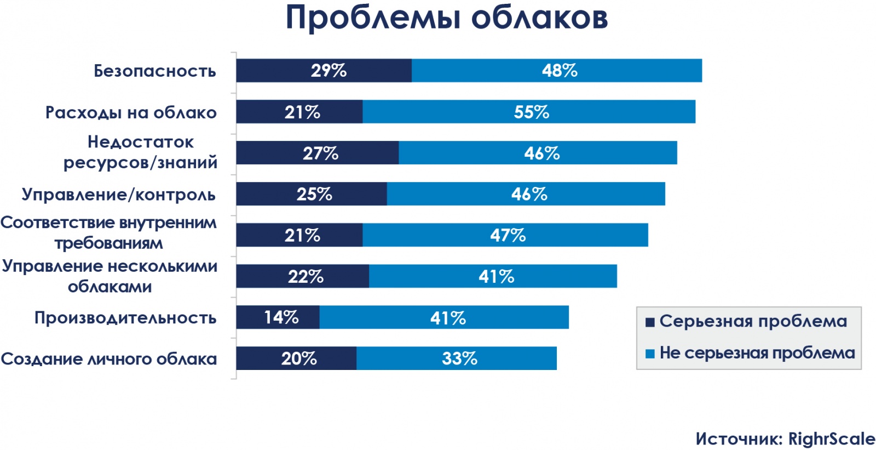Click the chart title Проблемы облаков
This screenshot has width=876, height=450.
click(446, 18)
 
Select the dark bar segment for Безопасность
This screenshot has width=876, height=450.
click(324, 71)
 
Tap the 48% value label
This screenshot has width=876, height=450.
click(560, 71)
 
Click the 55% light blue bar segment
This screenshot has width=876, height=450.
click(529, 112)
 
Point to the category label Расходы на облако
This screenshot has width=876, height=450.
click(131, 112)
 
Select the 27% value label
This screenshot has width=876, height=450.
click(320, 153)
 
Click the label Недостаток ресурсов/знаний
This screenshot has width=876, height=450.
click(140, 152)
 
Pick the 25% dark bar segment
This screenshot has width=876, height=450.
click(311, 194)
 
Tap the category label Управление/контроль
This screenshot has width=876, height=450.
click(118, 195)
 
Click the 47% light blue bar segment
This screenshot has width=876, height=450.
click(505, 235)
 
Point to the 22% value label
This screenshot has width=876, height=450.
click(306, 276)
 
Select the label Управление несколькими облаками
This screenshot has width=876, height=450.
click(109, 276)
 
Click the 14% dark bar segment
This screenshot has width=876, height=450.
click(278, 317)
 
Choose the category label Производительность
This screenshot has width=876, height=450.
click(125, 318)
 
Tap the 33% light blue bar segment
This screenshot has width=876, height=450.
click(456, 358)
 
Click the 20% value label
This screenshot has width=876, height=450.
click(299, 358)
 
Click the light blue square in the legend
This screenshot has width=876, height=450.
click(650, 354)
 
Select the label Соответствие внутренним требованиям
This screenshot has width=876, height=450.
click(108, 232)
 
